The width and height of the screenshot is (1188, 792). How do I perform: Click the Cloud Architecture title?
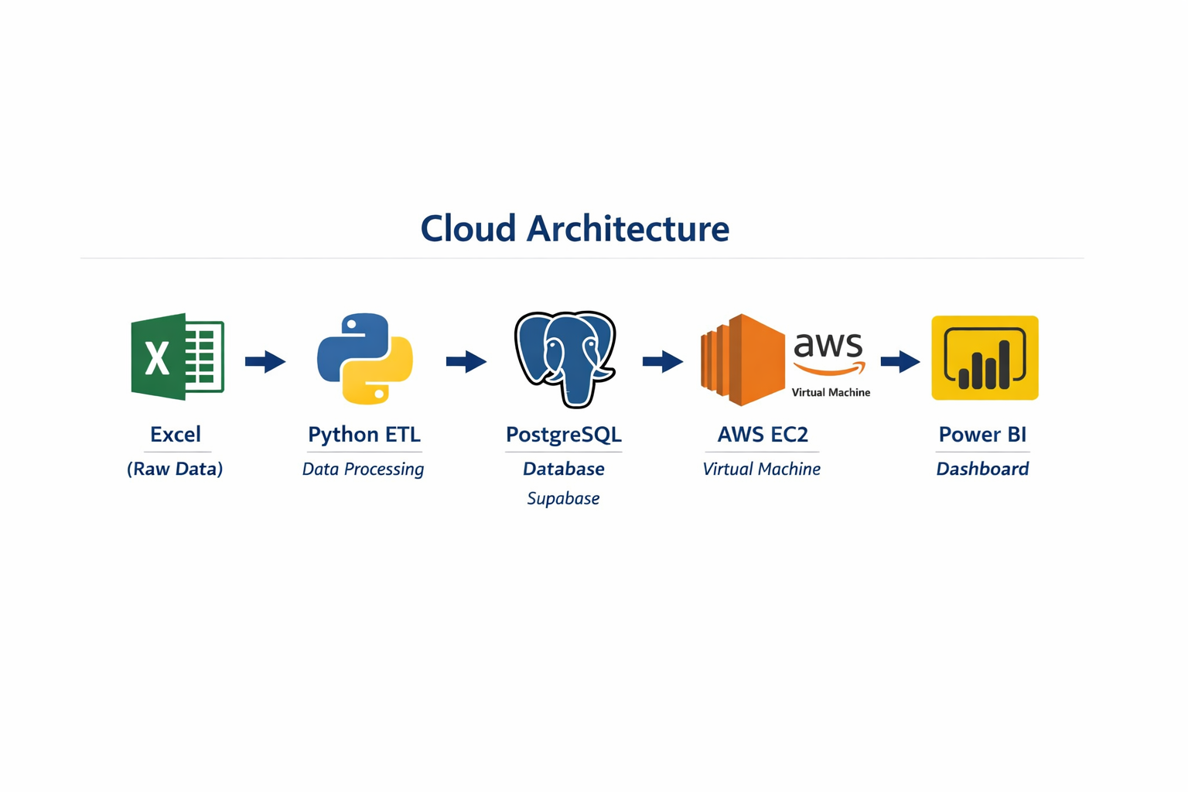tap(575, 229)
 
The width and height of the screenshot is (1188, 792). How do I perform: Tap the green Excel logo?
tap(177, 357)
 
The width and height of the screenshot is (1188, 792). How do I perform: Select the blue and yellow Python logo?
tap(364, 358)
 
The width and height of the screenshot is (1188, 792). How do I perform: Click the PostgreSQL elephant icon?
tap(565, 358)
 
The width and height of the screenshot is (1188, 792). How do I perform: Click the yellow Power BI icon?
tap(984, 357)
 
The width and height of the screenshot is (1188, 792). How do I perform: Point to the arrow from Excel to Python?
tap(265, 361)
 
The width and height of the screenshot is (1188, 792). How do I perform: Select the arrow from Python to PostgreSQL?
tap(466, 361)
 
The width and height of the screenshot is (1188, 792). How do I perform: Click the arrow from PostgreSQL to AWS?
tap(663, 361)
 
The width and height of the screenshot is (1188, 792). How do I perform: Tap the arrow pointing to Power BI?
tap(900, 361)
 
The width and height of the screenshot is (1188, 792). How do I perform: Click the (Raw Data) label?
tap(175, 469)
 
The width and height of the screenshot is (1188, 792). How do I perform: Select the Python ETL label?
tap(364, 435)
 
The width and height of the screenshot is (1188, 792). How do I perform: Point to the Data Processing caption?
tap(363, 469)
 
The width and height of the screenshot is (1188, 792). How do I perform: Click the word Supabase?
tap(563, 499)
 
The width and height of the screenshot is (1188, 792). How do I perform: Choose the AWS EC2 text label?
tap(763, 435)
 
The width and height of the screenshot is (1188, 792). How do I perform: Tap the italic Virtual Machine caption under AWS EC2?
tap(761, 469)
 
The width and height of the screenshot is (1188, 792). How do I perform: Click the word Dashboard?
tap(982, 469)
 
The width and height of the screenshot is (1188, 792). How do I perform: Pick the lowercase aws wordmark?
tap(828, 346)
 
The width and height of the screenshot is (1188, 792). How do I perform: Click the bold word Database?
tap(563, 469)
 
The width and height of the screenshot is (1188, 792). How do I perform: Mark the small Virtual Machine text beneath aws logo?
tap(831, 393)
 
